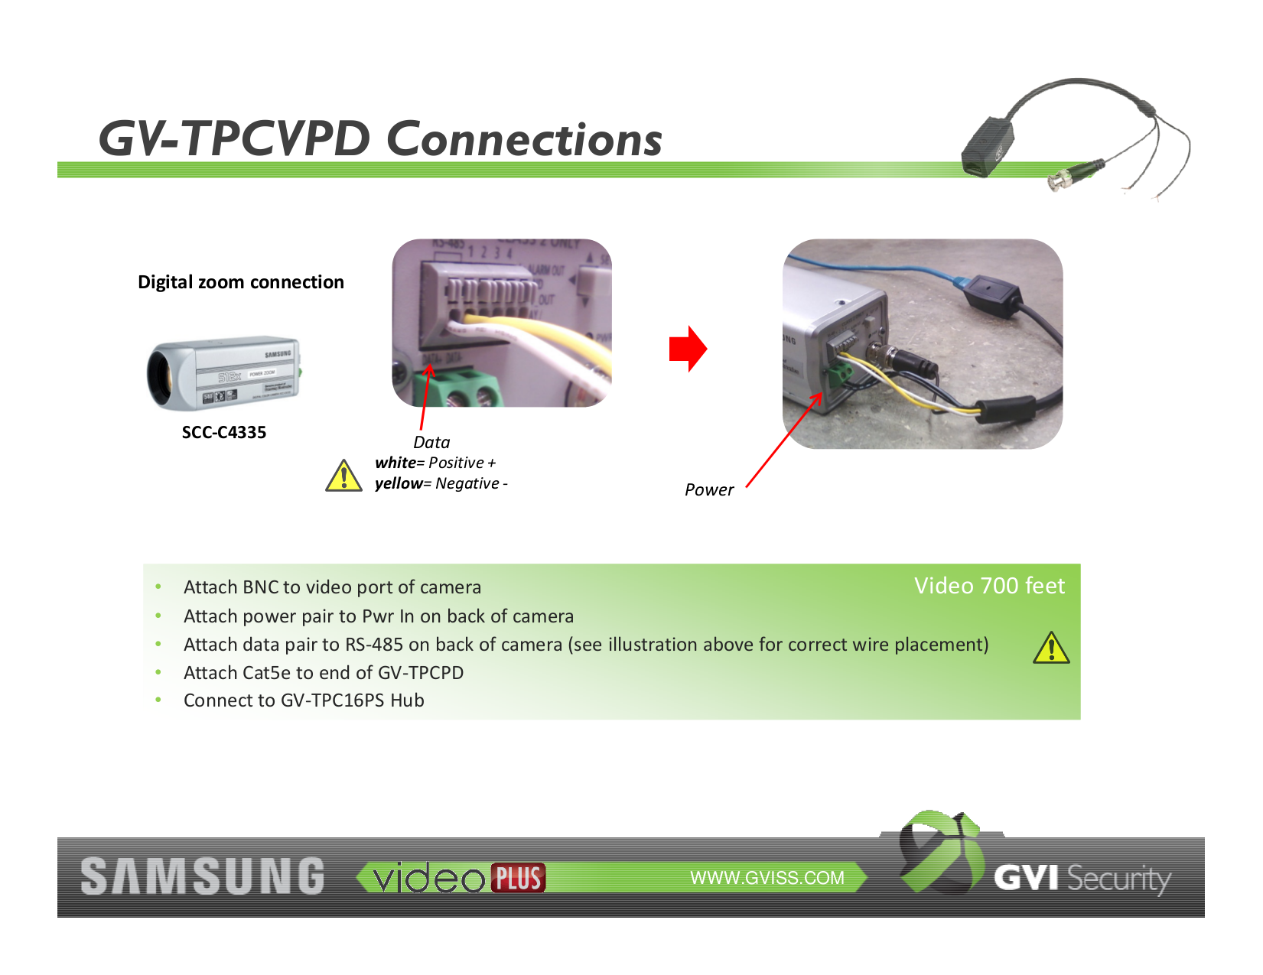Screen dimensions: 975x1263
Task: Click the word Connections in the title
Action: tap(524, 139)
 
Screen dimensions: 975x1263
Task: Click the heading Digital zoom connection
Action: tap(240, 282)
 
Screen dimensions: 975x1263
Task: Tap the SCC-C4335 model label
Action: tap(223, 432)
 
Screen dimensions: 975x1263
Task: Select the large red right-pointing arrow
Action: tap(687, 349)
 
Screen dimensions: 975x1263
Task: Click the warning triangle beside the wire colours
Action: tap(343, 476)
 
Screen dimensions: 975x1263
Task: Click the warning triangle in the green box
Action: tap(1051, 648)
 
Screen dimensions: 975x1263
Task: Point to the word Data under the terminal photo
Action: tap(431, 442)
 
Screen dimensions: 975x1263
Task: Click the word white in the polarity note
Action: tap(395, 463)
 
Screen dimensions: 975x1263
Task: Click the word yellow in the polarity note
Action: tap(398, 483)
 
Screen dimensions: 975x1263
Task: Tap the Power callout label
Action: tap(708, 489)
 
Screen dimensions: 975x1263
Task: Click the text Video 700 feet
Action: tap(988, 586)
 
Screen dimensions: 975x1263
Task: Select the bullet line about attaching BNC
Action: tap(332, 587)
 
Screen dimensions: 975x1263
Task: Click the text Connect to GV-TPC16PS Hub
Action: tap(304, 700)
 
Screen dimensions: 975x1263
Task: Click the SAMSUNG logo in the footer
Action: tap(203, 876)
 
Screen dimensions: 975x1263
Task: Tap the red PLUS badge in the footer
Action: tap(518, 878)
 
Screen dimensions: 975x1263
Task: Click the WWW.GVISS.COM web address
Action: tap(767, 878)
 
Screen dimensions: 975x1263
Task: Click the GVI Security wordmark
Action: tap(1082, 878)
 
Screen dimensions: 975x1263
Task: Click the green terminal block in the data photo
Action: tap(457, 389)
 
